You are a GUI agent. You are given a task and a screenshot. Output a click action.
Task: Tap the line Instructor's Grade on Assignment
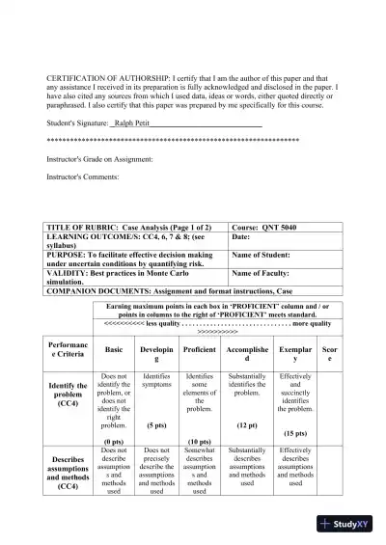point(100,159)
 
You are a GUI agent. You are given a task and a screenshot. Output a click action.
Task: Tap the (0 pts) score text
point(114,440)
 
